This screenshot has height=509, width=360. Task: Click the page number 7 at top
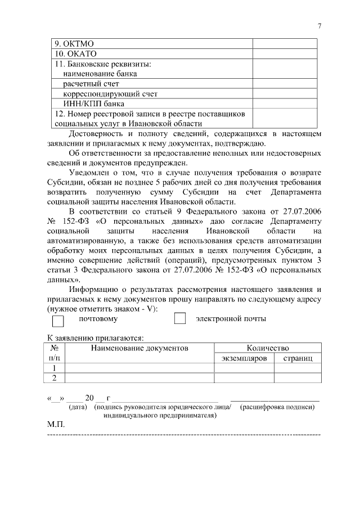[319, 26]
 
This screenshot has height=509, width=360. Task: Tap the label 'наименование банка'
[100, 74]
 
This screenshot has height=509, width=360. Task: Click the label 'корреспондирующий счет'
[110, 93]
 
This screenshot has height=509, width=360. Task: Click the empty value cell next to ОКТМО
[287, 43]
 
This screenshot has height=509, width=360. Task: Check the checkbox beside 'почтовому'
[58, 321]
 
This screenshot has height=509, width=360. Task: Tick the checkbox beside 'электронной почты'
[180, 318]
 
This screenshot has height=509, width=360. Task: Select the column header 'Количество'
[268, 348]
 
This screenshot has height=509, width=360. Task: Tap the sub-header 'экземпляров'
[244, 358]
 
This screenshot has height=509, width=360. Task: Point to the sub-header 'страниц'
[298, 358]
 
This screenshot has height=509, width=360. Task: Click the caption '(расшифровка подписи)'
[277, 407]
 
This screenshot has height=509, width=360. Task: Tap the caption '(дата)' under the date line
[78, 407]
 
